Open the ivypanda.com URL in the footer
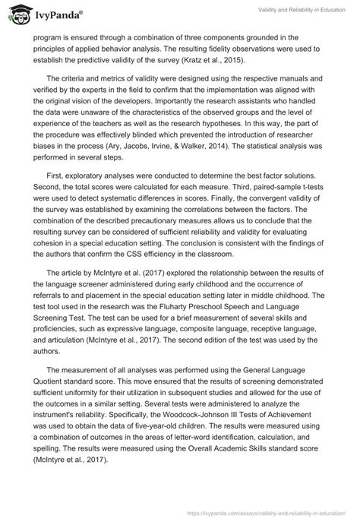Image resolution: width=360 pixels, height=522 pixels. (282, 513)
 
